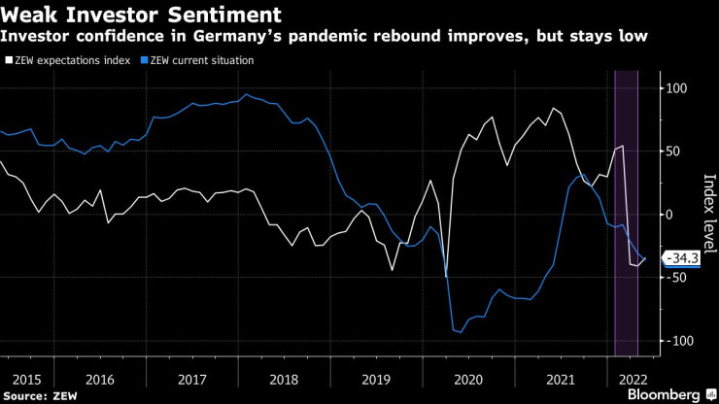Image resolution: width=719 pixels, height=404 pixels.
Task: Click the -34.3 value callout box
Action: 682,258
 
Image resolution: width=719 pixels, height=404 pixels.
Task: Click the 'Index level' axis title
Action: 708,215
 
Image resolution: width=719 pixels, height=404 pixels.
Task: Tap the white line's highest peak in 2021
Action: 553,108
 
